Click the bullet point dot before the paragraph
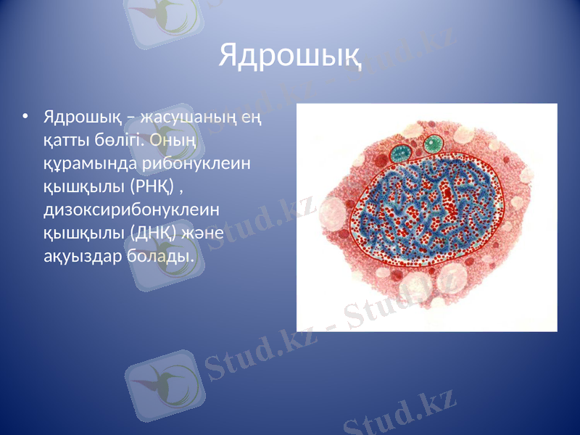tap(26, 116)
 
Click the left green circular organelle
tap(400, 153)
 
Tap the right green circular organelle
tap(433, 144)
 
